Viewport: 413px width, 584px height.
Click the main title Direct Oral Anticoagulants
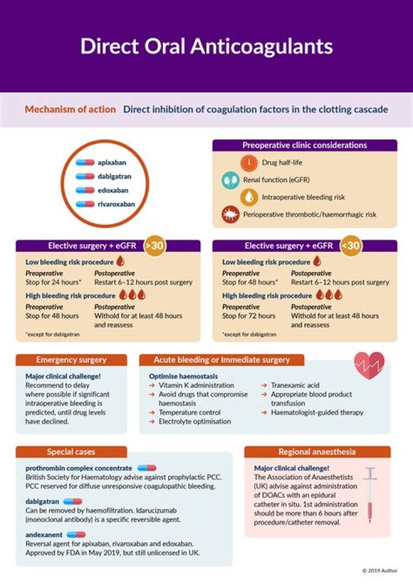206,46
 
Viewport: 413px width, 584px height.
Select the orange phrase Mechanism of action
70,109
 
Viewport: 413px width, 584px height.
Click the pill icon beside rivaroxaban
85,203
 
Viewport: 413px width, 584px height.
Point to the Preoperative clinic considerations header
305,145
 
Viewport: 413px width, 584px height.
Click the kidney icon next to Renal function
230,180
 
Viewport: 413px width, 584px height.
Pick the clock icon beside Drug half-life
249,162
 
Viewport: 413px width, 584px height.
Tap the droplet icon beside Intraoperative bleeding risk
249,197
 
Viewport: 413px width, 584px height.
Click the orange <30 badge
351,245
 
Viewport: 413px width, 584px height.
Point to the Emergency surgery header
71,360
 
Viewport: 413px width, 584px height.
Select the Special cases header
71,451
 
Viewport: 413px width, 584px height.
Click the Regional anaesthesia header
317,451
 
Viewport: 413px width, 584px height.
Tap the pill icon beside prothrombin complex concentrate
147,468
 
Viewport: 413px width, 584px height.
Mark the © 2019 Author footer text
379,570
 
